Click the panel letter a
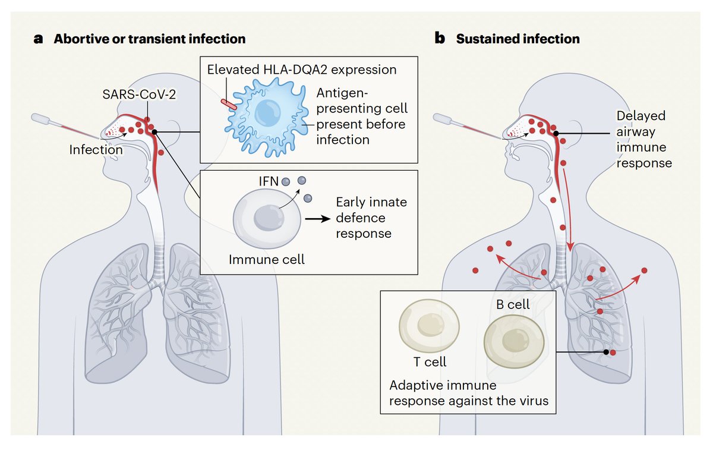pyautogui.click(x=38, y=39)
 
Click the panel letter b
pyautogui.click(x=440, y=38)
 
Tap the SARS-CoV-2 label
pyautogui.click(x=139, y=95)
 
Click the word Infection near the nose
pyautogui.click(x=96, y=149)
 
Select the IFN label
pyautogui.click(x=269, y=181)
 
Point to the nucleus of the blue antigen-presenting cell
pyautogui.click(x=268, y=113)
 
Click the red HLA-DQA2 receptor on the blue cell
pyautogui.click(x=229, y=105)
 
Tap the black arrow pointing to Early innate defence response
pyautogui.click(x=318, y=219)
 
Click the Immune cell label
pyautogui.click(x=267, y=259)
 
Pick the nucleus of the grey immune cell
pyautogui.click(x=269, y=218)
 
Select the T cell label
pyautogui.click(x=430, y=361)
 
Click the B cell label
pyautogui.click(x=513, y=304)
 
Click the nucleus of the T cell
pyautogui.click(x=431, y=325)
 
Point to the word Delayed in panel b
pyautogui.click(x=641, y=116)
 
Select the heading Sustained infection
pyautogui.click(x=518, y=39)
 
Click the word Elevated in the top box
pyautogui.click(x=233, y=70)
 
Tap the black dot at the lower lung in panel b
pyautogui.click(x=606, y=352)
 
